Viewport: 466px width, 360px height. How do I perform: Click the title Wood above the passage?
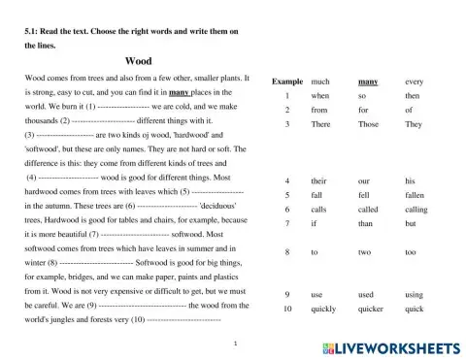click(x=140, y=61)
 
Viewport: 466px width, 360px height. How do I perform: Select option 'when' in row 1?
click(x=319, y=97)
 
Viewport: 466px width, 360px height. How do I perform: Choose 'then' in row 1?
click(x=413, y=97)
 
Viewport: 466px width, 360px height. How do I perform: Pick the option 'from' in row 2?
click(x=319, y=111)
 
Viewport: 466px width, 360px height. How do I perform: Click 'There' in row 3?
click(x=321, y=125)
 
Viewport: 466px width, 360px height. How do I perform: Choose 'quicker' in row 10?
click(x=372, y=309)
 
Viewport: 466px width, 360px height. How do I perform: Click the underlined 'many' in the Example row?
click(x=368, y=82)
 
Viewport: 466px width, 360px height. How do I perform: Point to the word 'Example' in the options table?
click(x=287, y=82)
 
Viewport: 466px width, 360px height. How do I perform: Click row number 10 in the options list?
click(x=287, y=309)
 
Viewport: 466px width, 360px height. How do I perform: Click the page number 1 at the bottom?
click(x=237, y=344)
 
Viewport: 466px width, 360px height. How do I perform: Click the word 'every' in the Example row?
click(x=416, y=82)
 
